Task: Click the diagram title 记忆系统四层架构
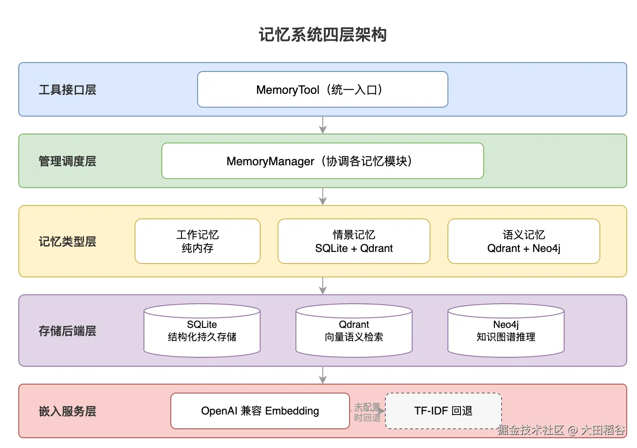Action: click(322, 34)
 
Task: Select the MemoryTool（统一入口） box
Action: click(322, 89)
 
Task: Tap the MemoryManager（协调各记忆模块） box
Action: click(322, 161)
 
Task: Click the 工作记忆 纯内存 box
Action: click(197, 241)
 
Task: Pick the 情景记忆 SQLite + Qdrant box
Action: click(354, 241)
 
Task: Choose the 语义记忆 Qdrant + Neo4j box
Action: click(523, 241)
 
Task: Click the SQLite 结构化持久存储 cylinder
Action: click(202, 331)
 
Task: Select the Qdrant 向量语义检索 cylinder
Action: click(354, 331)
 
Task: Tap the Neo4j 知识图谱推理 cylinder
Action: click(506, 331)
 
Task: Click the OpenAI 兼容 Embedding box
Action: click(260, 411)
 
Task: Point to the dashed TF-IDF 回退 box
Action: click(443, 411)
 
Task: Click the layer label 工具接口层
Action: click(67, 90)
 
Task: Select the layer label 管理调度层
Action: click(67, 161)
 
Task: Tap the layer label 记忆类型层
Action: click(67, 242)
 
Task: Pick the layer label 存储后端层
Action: click(67, 331)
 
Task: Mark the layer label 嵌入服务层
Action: click(67, 411)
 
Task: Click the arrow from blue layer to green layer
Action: click(322, 125)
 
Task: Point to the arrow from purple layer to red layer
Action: click(322, 375)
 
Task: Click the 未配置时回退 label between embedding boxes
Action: click(367, 412)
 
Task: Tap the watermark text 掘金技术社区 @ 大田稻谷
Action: click(561, 430)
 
